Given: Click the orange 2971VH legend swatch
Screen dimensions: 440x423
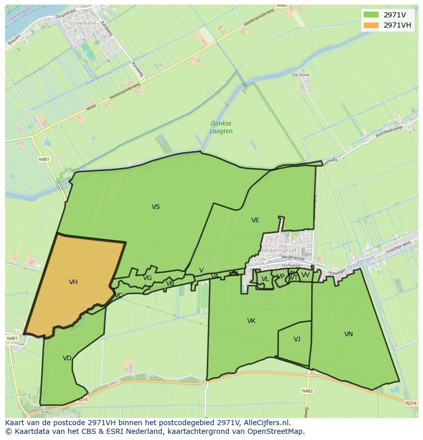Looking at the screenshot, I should coord(371,25).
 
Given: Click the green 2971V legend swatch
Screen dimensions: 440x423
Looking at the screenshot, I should coord(371,14).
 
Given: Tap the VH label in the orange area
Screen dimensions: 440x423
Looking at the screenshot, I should coord(73,282).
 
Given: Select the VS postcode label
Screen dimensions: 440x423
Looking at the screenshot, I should coord(156,207).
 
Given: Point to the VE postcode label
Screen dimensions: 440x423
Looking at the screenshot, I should coord(255,220).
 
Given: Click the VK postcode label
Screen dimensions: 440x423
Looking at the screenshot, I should coord(251,321).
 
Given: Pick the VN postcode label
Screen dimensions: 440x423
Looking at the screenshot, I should coord(348,334).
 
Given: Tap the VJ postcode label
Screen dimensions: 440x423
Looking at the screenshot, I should coord(297,339).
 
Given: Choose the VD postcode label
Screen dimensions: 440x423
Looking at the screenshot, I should coord(67,358).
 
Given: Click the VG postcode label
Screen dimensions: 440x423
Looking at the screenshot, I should coord(147,278).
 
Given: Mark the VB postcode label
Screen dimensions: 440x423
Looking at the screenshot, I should coord(170,284).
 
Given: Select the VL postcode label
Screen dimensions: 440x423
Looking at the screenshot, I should coord(265,279).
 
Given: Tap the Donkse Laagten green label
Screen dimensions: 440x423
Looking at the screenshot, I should coord(221,127).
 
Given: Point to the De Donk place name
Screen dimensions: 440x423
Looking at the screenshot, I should coord(301,75).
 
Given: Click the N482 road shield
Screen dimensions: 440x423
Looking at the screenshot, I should coord(307,391).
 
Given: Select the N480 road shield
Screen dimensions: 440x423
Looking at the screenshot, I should coord(281,6).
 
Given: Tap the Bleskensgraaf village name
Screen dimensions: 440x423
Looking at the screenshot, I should coord(278,251).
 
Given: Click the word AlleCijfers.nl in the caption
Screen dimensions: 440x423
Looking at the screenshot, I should coord(266,423).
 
